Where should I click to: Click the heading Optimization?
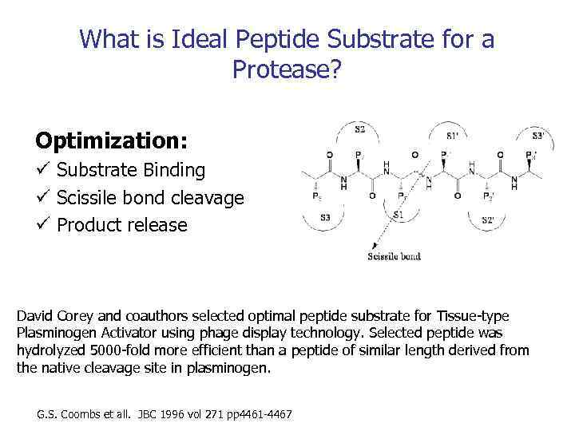pyautogui.click(x=112, y=141)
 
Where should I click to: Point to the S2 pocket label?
pyautogui.click(x=359, y=129)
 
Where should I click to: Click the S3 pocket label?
pyautogui.click(x=326, y=217)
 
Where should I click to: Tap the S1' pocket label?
pyautogui.click(x=453, y=136)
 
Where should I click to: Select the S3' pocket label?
pyautogui.click(x=539, y=136)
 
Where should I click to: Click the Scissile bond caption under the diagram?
pyautogui.click(x=394, y=256)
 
